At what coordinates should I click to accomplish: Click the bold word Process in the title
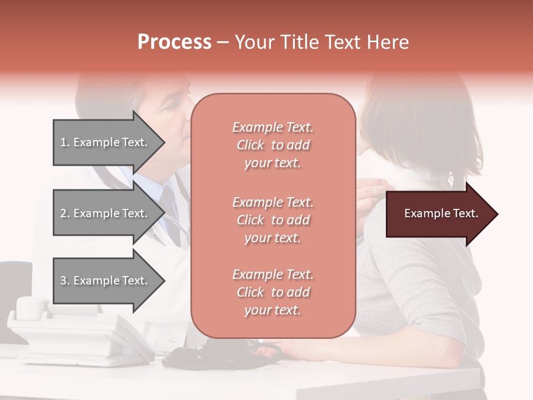click(174, 42)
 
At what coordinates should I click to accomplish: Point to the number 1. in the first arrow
click(65, 142)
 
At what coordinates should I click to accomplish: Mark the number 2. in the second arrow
click(65, 213)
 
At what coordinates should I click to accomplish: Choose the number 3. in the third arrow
click(65, 281)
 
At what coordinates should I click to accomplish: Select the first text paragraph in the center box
click(273, 145)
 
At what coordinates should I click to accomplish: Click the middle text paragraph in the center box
click(273, 220)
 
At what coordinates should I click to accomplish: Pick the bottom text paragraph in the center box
click(273, 292)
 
